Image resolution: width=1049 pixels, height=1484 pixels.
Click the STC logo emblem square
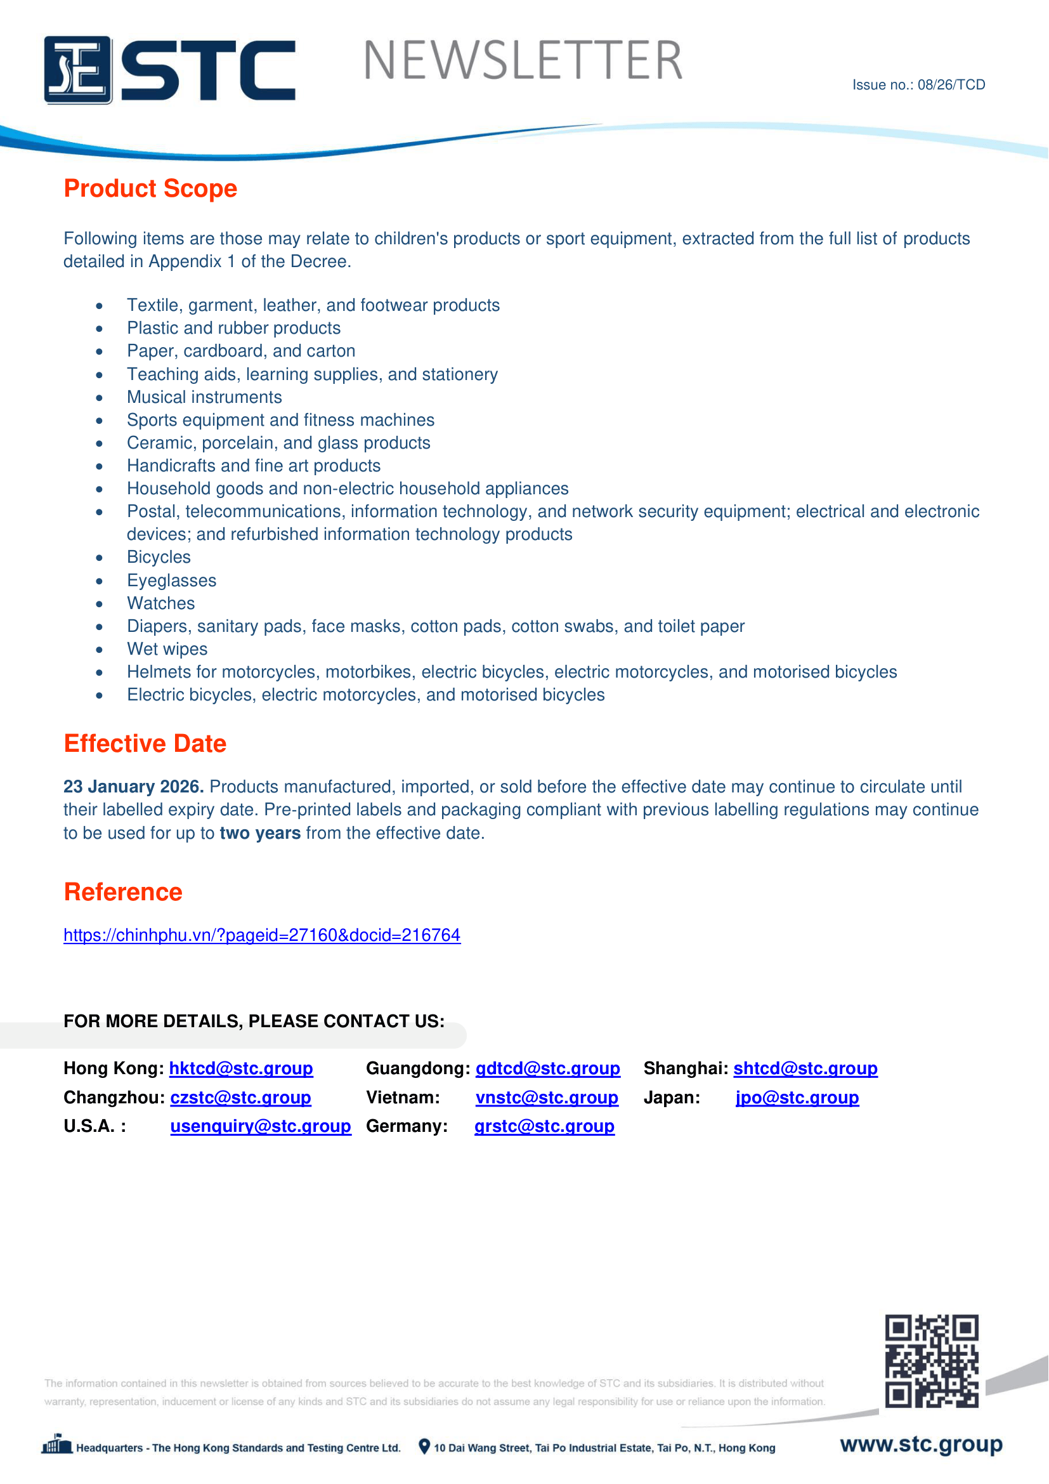pos(77,70)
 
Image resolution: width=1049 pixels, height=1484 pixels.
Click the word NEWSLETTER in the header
pos(523,61)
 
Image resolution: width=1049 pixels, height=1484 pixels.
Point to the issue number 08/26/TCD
pos(918,84)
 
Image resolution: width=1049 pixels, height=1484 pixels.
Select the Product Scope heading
pos(150,188)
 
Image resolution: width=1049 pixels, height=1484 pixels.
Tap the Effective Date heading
pos(145,744)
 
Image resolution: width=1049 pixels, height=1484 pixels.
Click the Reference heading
pos(124,892)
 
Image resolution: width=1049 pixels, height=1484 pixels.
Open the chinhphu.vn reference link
pos(261,935)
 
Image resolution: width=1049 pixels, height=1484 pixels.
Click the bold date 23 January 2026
pos(134,787)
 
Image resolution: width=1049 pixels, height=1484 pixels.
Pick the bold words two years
pos(259,833)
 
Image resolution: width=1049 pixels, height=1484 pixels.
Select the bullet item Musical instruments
pos(204,397)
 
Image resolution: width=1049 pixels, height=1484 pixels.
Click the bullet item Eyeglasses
pos(171,581)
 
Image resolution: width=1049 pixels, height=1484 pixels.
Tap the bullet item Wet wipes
pos(167,649)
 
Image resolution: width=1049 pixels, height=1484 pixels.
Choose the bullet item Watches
pos(161,603)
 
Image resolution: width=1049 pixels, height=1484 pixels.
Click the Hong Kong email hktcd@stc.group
pos(241,1068)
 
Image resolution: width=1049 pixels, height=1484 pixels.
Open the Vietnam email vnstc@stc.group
pos(547,1098)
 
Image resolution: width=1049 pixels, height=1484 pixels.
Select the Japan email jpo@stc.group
pos(797,1098)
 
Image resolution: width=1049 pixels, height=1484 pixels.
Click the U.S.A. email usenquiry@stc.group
pos(260,1126)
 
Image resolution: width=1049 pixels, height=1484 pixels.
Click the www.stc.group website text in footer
pos(921,1444)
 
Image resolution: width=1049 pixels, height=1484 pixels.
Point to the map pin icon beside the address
pos(424,1447)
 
